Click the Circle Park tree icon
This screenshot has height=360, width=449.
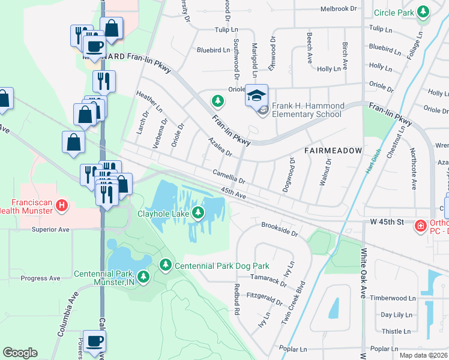[x=424, y=12]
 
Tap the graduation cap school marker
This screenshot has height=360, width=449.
[x=256, y=95]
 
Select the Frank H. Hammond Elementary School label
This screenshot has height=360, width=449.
[x=308, y=110]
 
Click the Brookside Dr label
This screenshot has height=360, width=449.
[x=279, y=229]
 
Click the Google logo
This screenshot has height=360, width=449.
[x=20, y=353]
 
